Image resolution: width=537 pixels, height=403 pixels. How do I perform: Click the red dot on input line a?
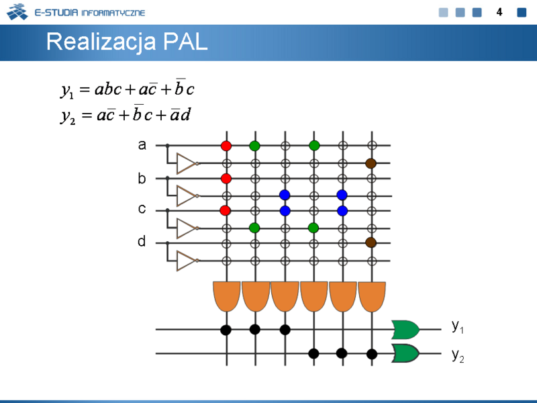[x=226, y=146]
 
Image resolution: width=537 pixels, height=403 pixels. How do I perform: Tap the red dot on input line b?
[x=226, y=179]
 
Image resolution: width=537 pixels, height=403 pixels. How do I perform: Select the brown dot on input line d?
[x=371, y=242]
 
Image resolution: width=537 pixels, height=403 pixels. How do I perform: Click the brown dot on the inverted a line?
[x=371, y=163]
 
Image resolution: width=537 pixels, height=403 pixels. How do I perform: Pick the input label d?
[x=142, y=241]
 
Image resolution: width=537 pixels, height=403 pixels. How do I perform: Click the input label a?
[x=142, y=145]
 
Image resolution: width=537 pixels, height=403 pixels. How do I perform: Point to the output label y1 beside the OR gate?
[x=458, y=326]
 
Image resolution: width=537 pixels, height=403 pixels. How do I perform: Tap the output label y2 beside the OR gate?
[x=458, y=356]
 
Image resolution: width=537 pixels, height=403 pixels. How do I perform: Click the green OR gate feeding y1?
[x=405, y=330]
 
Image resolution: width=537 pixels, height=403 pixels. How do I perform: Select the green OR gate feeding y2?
[x=405, y=353]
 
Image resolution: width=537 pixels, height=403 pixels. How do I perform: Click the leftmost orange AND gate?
[x=227, y=296]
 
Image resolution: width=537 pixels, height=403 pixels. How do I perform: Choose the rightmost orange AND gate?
[x=372, y=297]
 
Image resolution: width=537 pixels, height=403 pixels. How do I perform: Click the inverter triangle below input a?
[x=187, y=163]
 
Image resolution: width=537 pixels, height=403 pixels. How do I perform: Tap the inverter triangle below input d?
[x=187, y=261]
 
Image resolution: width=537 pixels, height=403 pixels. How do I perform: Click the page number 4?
[x=499, y=12]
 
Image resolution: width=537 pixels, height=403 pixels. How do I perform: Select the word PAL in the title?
[x=185, y=42]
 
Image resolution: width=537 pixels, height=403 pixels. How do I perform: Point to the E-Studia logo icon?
[x=17, y=12]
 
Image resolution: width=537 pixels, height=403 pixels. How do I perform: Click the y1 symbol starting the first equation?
[x=67, y=91]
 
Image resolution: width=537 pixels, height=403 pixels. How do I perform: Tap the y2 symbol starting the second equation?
[x=68, y=116]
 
